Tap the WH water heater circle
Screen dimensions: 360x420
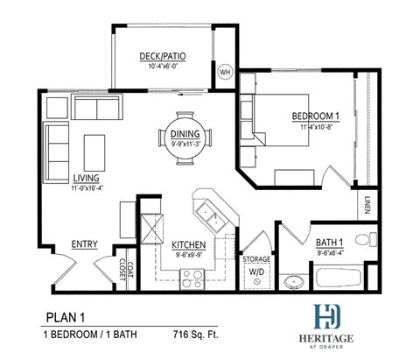click(x=225, y=71)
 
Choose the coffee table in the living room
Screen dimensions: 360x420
click(x=94, y=145)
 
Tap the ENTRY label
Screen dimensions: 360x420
click(x=84, y=244)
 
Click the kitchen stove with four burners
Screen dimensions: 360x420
click(x=192, y=278)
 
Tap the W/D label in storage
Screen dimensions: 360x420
click(x=256, y=271)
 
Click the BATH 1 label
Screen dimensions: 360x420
click(x=330, y=244)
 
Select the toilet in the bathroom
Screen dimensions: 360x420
click(x=371, y=237)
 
